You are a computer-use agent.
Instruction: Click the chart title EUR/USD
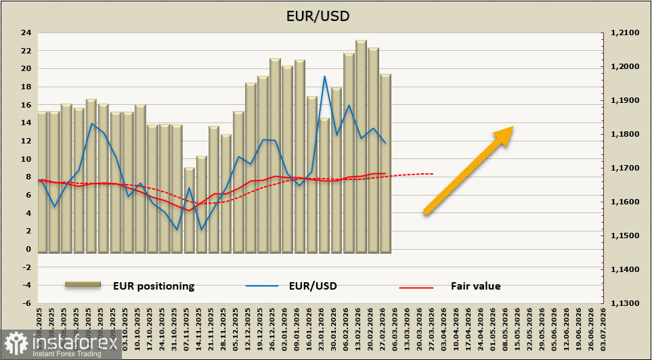coord(326,16)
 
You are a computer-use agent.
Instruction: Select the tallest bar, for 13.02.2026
coord(361,145)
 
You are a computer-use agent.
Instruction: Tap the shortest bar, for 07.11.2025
coord(190,210)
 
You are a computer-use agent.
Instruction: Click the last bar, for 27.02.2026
coord(385,162)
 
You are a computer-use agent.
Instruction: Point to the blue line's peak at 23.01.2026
coord(325,76)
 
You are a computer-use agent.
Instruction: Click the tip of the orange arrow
coord(513,127)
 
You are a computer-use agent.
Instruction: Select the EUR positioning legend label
coord(154,286)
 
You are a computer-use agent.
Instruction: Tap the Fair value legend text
coord(475,286)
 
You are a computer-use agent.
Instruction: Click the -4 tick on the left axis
coord(26,286)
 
